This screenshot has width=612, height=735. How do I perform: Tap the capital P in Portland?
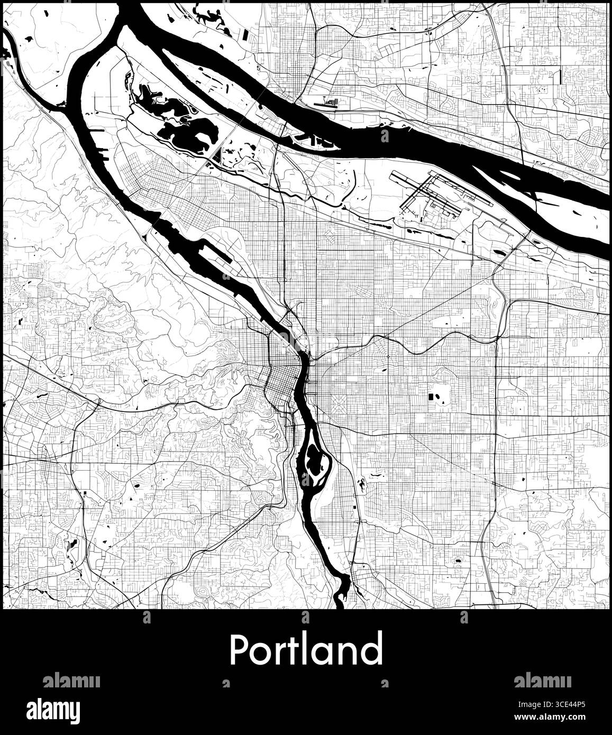(239, 650)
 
